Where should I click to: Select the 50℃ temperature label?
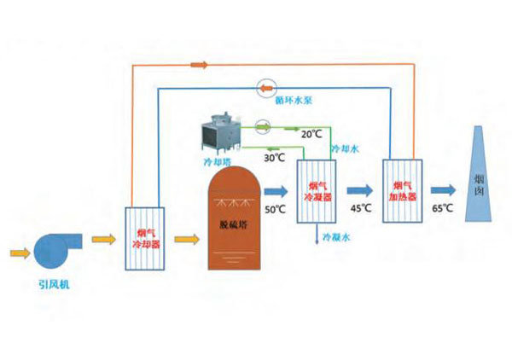[276, 210]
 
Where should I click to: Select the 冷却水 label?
[346, 148]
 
